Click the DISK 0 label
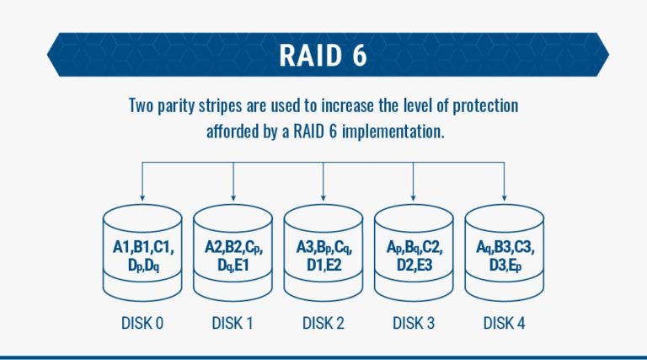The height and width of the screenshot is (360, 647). tap(142, 323)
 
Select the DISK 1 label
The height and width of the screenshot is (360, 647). tap(233, 323)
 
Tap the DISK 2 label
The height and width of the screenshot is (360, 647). tap(323, 323)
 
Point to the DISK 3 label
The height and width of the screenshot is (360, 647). tap(413, 323)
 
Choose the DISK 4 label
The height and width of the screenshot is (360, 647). tap(504, 323)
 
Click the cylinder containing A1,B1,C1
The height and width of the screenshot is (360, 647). tap(142, 253)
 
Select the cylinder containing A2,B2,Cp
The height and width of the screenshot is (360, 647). tap(233, 253)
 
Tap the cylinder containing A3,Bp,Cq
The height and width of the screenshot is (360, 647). tap(323, 253)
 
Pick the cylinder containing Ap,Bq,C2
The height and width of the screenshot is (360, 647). tap(413, 253)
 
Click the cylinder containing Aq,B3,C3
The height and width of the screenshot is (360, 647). tap(504, 253)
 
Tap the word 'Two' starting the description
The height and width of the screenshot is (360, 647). tap(142, 107)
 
